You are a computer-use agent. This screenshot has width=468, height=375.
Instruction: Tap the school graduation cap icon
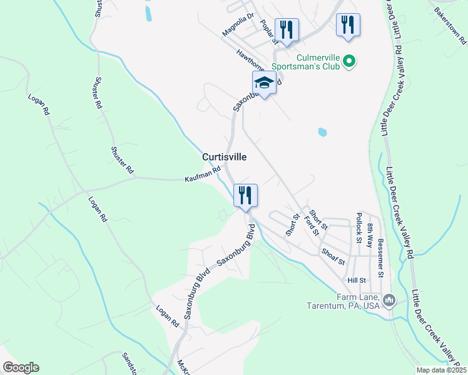(264, 84)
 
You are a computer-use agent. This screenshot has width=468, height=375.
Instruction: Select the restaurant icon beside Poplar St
(287, 30)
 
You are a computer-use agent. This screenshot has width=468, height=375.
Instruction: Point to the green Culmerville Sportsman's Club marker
(350, 61)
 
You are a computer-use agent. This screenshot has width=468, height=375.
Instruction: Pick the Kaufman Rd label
(203, 174)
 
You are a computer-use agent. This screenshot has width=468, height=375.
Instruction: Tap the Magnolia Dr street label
(238, 25)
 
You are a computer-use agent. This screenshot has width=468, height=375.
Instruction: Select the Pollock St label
(359, 227)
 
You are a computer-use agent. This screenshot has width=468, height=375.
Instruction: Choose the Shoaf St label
(333, 257)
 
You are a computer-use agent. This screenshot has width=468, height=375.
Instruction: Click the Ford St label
(312, 223)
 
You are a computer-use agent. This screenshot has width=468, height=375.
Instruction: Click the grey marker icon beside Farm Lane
(389, 301)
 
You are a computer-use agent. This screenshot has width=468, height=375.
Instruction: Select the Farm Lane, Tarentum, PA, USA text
(343, 301)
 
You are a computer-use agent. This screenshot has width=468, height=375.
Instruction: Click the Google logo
(21, 367)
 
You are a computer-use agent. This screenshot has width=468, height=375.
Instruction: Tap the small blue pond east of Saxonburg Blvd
(322, 132)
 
